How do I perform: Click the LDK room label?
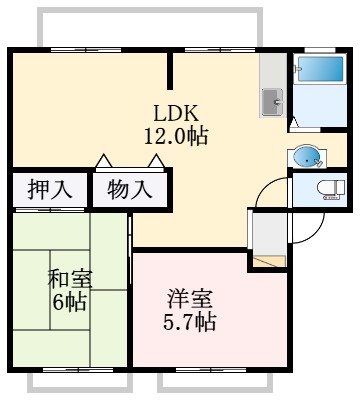[x=176, y=113]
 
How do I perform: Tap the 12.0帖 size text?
[x=176, y=136]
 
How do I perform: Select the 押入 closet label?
[x=50, y=189]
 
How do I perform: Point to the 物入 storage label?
[x=130, y=189]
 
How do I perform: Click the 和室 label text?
[x=70, y=278]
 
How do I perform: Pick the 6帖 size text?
[x=70, y=302]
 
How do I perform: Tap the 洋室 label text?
[x=190, y=299]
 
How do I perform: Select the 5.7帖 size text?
[x=190, y=322]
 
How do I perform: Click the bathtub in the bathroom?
[x=320, y=69]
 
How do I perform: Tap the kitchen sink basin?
[x=272, y=102]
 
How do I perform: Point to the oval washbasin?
[x=307, y=157]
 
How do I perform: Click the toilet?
[x=330, y=190]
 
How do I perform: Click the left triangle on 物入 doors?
[x=104, y=160]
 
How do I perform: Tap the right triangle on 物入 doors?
[x=156, y=160]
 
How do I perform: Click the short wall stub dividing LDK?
[x=170, y=71]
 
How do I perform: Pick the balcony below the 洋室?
[x=215, y=383]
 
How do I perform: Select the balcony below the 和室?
[x=80, y=383]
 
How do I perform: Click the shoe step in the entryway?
[x=269, y=261]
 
